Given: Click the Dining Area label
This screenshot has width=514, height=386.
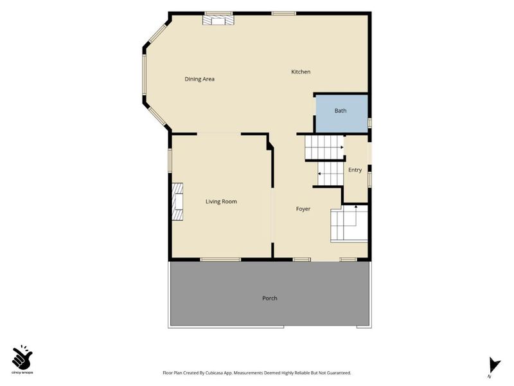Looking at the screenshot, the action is point(199,79).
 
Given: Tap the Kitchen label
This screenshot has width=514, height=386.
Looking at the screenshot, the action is point(301,72).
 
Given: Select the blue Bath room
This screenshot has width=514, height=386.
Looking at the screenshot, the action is point(341,114).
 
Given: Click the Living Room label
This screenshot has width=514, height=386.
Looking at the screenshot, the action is point(221,201).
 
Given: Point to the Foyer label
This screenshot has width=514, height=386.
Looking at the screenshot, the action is point(303,208).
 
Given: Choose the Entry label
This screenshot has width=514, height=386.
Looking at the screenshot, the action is point(355,170).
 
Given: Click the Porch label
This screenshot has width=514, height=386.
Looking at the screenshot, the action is point(269,299).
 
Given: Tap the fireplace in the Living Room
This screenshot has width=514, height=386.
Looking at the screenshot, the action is point(177,201).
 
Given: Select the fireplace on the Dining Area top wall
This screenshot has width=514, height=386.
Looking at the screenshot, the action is point(218,21).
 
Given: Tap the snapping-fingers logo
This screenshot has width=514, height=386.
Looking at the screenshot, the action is point(22,357).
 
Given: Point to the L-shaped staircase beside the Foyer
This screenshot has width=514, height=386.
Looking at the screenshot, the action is point(349,223).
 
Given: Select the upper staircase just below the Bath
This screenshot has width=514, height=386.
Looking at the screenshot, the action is point(324,147).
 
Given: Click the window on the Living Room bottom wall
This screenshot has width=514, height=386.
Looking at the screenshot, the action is point(220,260).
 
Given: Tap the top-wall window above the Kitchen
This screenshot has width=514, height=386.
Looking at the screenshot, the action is point(283,14).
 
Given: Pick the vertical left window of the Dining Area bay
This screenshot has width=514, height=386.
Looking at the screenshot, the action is point(144,75).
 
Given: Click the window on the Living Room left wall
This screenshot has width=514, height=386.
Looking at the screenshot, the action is point(170,160).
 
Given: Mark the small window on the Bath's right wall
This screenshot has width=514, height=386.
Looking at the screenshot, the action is point(369,123).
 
